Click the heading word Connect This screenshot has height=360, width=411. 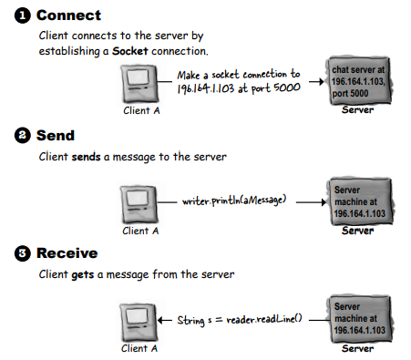(69, 15)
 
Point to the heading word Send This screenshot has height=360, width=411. (55, 136)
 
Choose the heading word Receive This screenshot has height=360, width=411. (67, 251)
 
